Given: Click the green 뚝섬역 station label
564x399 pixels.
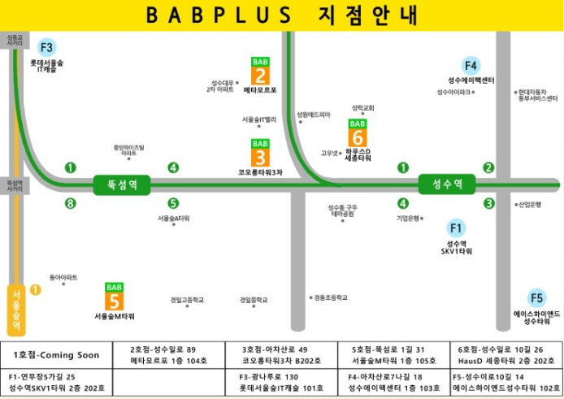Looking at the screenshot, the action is [122, 184].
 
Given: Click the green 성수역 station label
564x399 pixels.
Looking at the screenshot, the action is [446, 184].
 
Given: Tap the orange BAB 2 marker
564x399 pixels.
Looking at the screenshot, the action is [261, 72].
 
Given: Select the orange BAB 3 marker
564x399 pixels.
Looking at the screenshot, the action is [261, 153].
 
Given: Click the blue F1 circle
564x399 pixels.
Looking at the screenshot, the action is [456, 228].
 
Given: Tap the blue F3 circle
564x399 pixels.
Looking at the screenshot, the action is [47, 47].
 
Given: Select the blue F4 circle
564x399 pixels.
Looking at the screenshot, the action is [471, 65].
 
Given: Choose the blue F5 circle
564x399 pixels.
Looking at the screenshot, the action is [536, 297].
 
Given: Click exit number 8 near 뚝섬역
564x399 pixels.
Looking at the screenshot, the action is [71, 203].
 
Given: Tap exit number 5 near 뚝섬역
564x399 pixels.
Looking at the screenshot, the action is [173, 203].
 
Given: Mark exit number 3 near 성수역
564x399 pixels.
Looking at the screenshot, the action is [489, 203].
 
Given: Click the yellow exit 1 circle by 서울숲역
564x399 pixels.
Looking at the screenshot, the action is [35, 288].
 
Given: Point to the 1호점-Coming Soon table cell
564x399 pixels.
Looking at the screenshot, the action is [56, 355].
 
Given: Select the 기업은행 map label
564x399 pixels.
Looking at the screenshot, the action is [408, 218].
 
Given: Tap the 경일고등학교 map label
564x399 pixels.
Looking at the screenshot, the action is [188, 300].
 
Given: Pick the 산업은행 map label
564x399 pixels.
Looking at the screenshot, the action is [529, 204].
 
